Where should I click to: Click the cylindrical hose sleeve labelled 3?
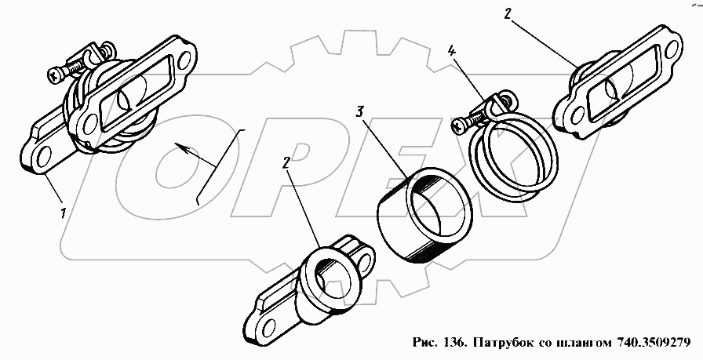pos(423,220)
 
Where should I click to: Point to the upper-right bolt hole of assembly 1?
pos(187,57)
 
